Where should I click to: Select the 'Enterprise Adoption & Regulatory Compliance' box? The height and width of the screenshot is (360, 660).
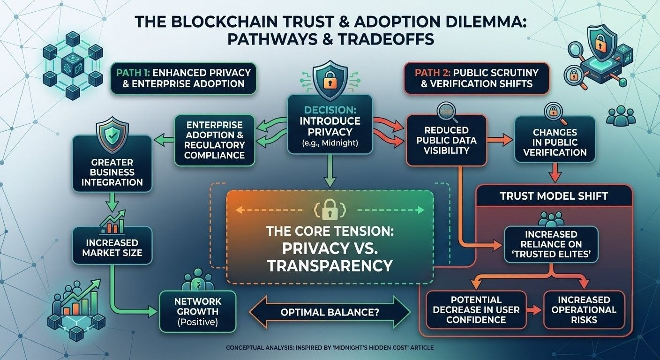pos(215,140)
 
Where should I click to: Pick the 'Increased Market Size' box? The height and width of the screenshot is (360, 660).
pos(112,247)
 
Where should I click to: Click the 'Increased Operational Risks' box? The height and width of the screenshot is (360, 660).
pos(584,310)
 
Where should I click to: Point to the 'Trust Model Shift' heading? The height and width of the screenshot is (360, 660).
pos(554,196)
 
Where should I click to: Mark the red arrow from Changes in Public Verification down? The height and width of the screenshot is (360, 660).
pos(555,172)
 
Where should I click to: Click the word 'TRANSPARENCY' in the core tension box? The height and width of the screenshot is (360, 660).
pos(330,266)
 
